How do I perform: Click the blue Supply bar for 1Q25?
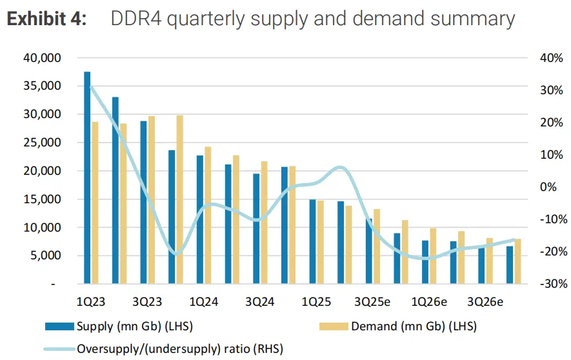click(312, 241)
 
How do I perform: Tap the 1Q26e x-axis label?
click(430, 302)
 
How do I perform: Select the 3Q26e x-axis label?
click(486, 302)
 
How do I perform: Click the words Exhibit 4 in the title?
click(47, 19)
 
